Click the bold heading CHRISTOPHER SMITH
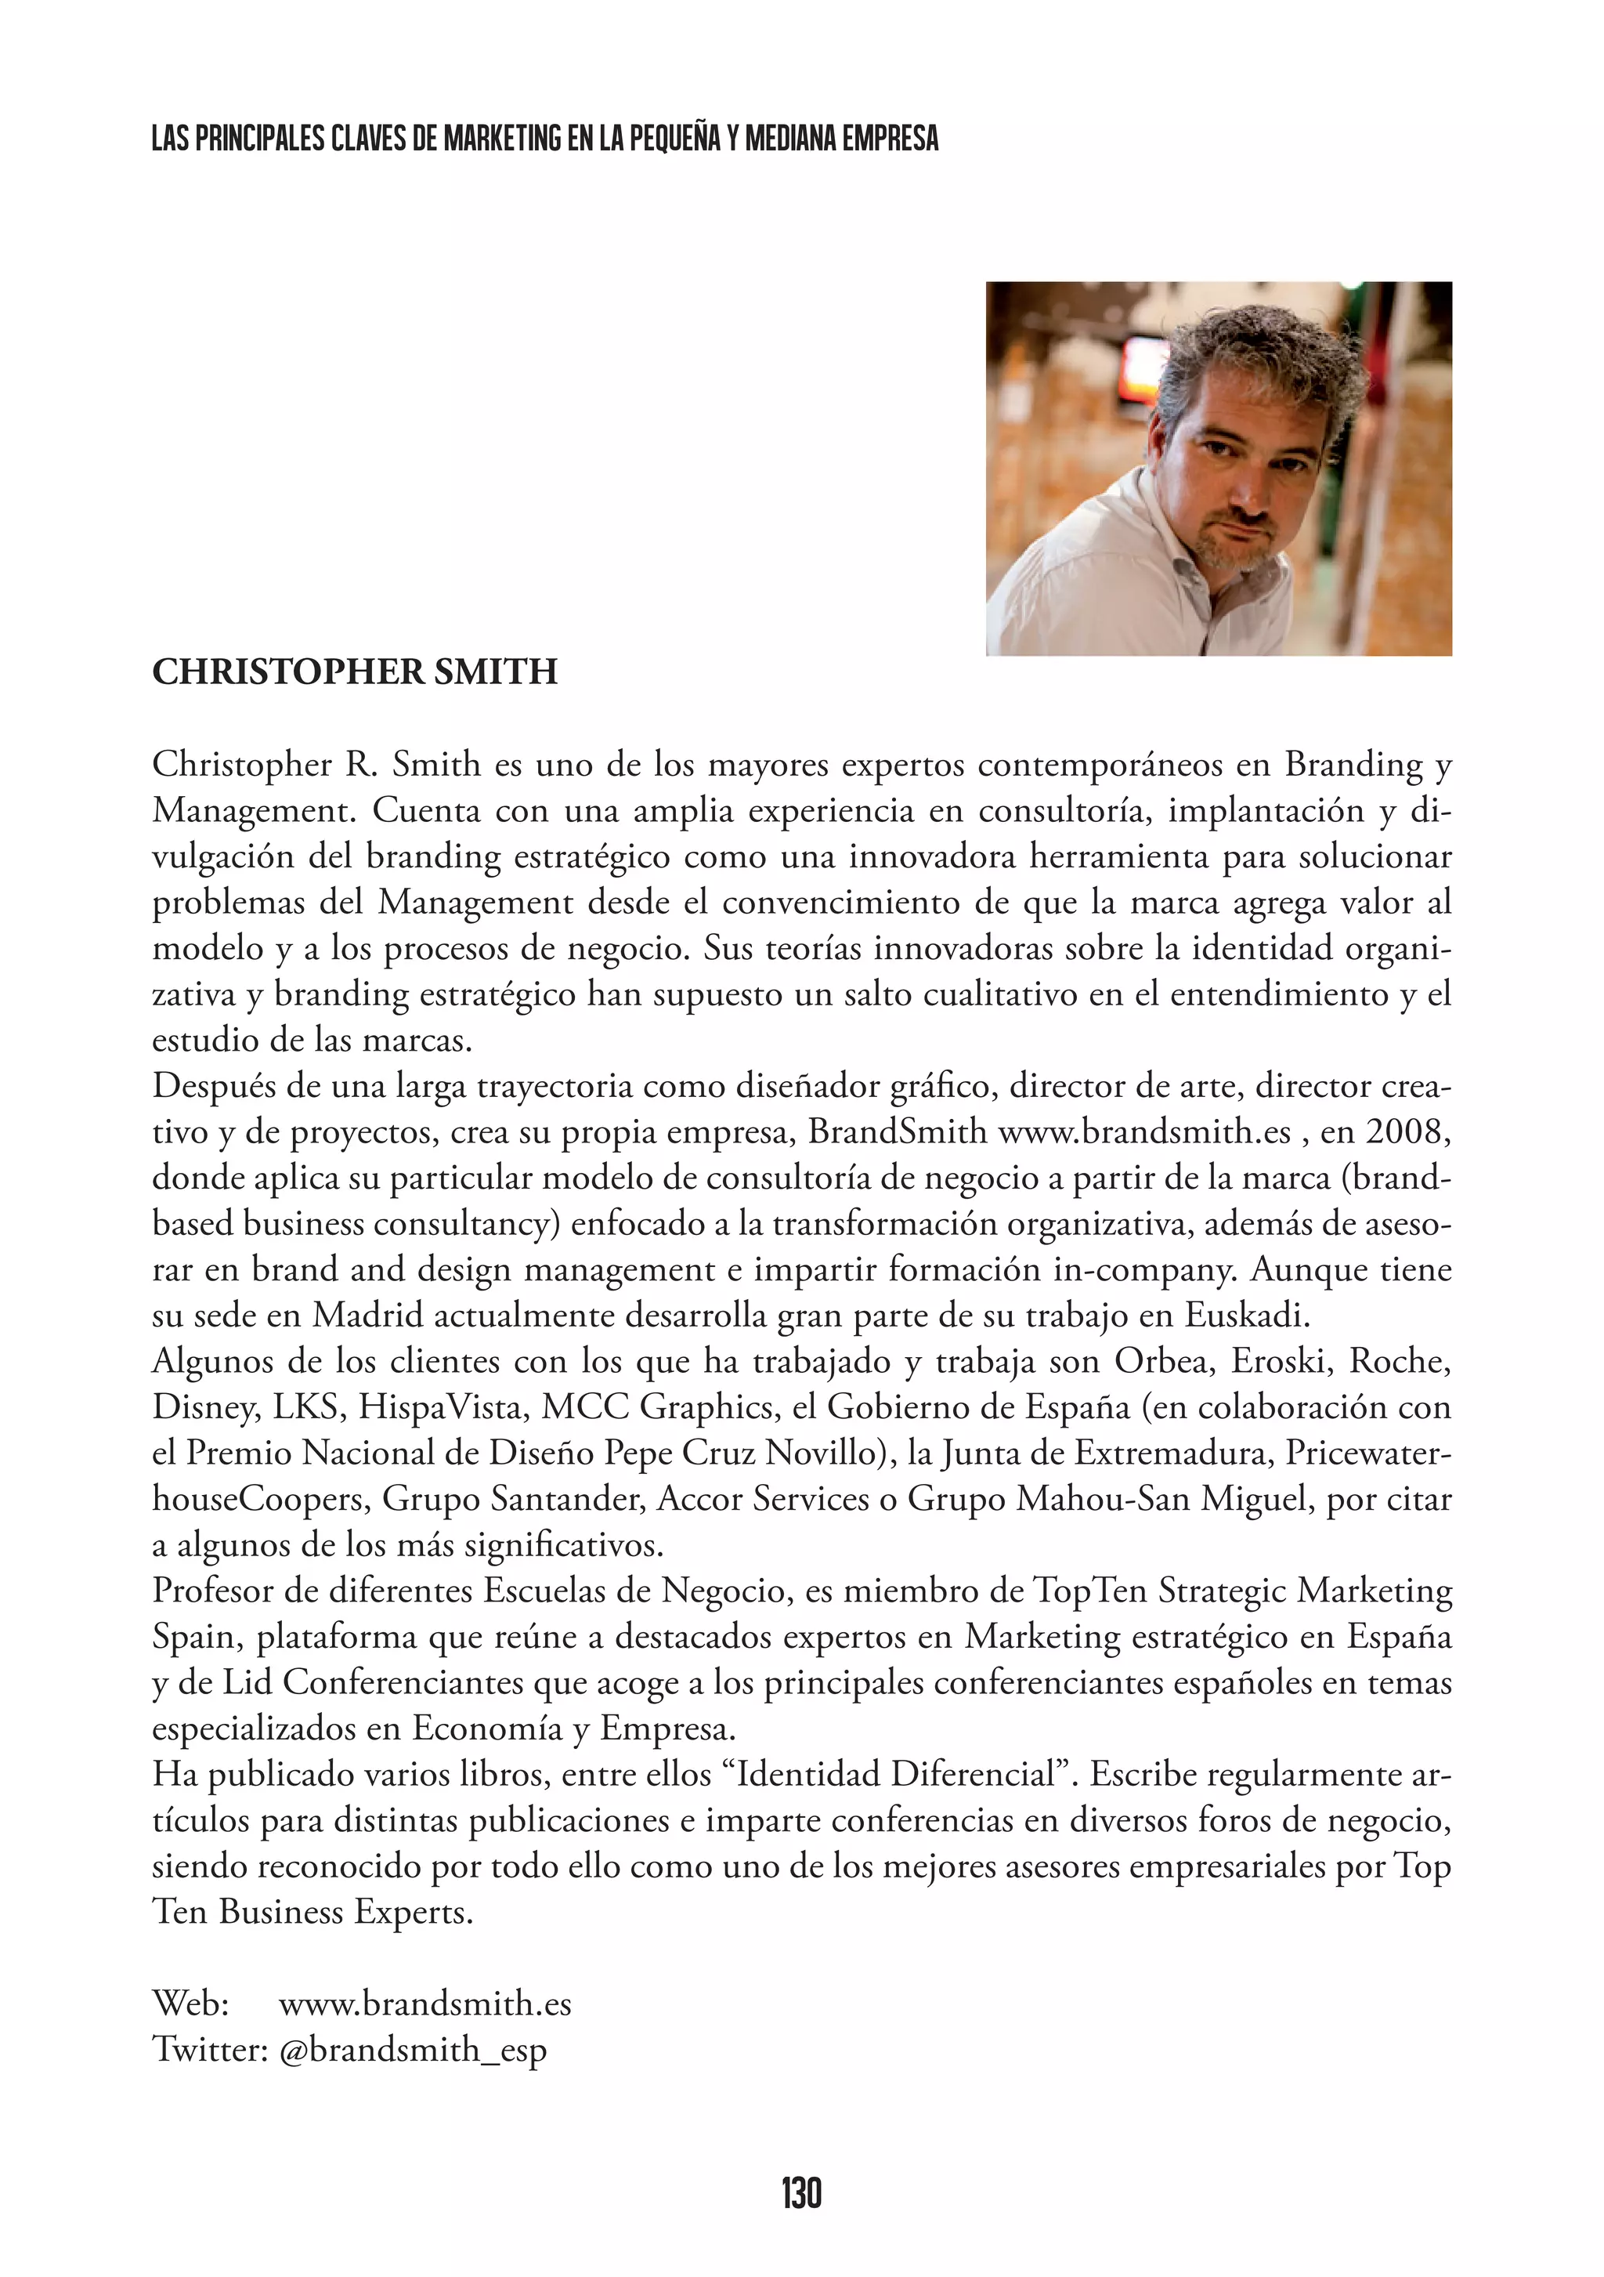click(355, 672)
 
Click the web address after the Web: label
click(424, 2004)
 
